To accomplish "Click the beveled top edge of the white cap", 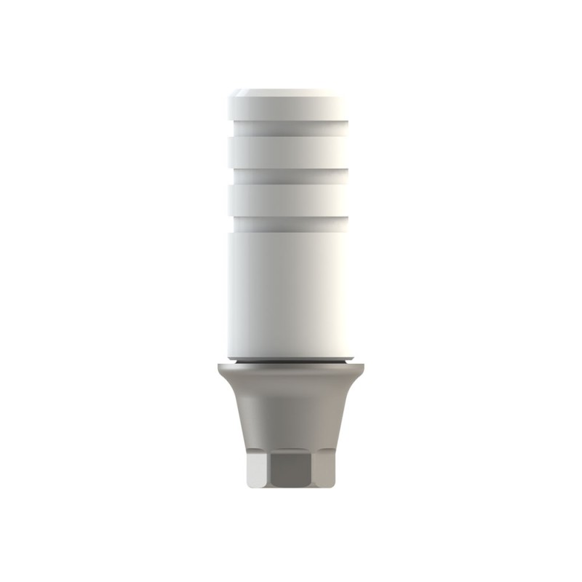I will tap(290, 94).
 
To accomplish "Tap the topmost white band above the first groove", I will tap(290, 113).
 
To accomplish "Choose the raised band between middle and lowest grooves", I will tap(290, 199).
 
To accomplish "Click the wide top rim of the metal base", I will tap(290, 371).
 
